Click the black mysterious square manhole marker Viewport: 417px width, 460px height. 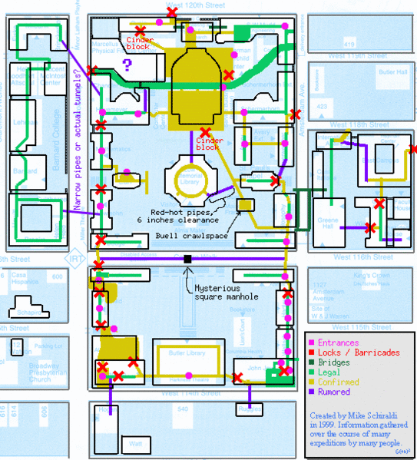(187, 260)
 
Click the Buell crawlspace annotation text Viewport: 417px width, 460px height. (193, 236)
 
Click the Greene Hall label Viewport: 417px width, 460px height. (328, 226)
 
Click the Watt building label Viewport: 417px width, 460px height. (136, 444)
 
